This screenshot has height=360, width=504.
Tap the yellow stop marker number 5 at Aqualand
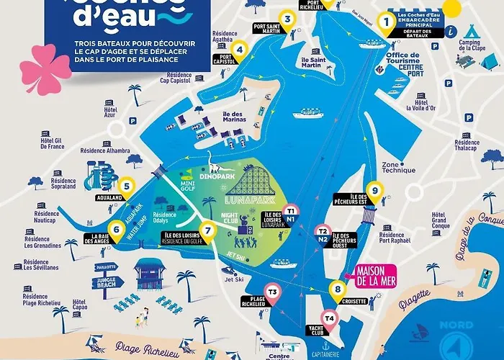pos(126,186)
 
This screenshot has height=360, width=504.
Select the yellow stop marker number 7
pos(208,230)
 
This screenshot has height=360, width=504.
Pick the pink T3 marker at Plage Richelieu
pos(271,291)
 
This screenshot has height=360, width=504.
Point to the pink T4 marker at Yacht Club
pos(329,318)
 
